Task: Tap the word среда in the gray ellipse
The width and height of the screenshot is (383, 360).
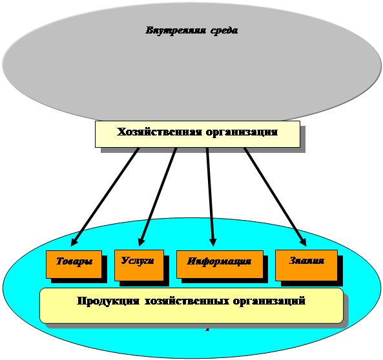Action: pos(224,31)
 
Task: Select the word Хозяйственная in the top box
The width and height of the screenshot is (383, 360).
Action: pos(160,132)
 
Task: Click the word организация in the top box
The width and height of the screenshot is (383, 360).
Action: pos(242,132)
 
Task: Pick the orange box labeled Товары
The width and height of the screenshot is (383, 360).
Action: pos(74,265)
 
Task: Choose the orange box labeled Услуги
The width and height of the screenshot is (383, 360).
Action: pos(139,265)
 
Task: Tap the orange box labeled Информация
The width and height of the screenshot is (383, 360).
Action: pos(220,265)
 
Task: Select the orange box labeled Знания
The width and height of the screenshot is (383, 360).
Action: pos(306,265)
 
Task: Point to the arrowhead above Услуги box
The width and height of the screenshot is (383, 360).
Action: pos(141,242)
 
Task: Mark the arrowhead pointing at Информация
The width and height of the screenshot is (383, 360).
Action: pos(213,242)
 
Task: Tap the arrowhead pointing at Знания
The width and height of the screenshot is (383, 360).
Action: pos(303,242)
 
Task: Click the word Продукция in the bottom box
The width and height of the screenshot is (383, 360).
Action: pos(109,301)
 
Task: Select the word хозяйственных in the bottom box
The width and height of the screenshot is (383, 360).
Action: pos(187,301)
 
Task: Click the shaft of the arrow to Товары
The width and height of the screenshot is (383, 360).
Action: pos(105,197)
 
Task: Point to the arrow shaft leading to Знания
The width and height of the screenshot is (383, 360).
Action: pos(275,197)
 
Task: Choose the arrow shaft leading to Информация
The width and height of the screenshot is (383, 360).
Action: pos(210,197)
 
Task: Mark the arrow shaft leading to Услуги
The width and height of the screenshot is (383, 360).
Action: pos(157,197)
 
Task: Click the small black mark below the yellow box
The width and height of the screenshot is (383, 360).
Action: pos(207,328)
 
